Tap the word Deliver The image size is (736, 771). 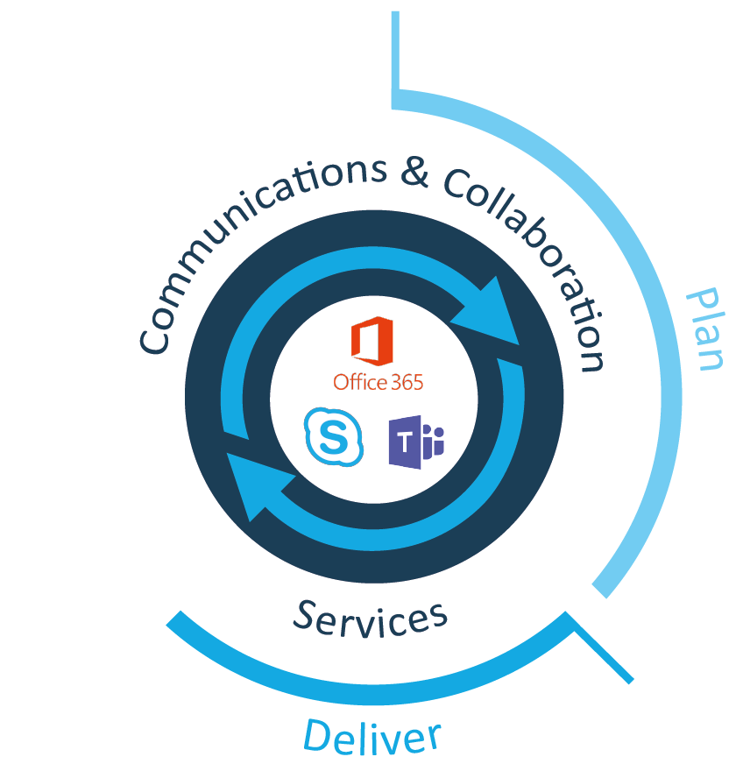click(x=372, y=735)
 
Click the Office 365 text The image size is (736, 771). click(x=372, y=381)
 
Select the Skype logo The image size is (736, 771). click(x=333, y=435)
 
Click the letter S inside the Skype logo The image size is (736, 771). click(x=332, y=435)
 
